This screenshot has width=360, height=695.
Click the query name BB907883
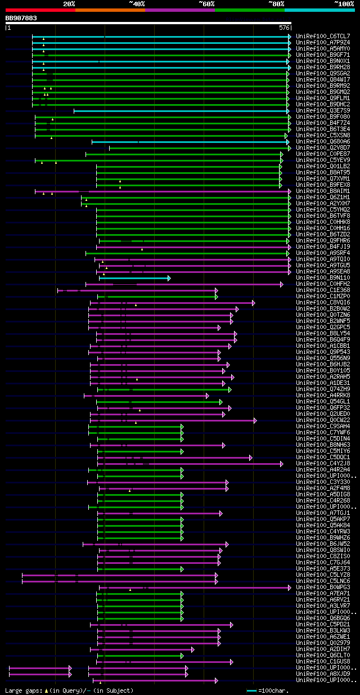point(21,18)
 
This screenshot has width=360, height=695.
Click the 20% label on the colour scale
point(69,4)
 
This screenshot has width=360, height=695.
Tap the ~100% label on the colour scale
point(344,4)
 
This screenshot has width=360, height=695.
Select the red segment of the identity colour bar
point(40,10)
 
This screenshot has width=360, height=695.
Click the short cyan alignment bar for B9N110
point(134,278)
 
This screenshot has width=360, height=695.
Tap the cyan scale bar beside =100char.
point(251,690)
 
